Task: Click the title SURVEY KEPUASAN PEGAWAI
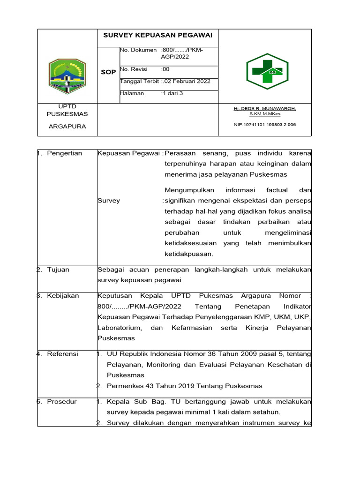(x=157, y=35)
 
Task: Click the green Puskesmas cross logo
(x=264, y=71)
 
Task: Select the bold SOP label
(x=108, y=72)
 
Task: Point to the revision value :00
(x=165, y=69)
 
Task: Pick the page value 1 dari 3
(x=172, y=93)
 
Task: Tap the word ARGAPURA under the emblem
(x=67, y=127)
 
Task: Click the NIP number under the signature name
(x=265, y=125)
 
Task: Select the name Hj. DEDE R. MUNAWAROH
(x=265, y=108)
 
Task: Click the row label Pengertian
(x=65, y=153)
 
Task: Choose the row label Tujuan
(x=58, y=270)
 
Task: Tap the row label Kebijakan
(x=63, y=296)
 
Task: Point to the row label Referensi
(x=63, y=354)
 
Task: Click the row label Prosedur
(x=62, y=402)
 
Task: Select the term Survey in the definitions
(x=109, y=201)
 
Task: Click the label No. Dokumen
(x=138, y=50)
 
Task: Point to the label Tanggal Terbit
(x=140, y=81)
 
